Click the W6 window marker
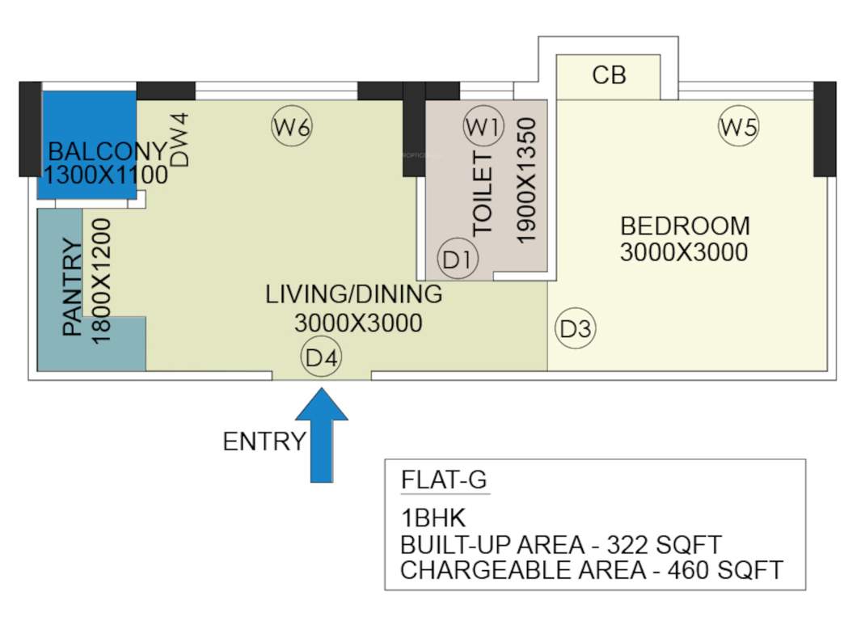pos(292,127)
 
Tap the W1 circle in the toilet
pos(483,127)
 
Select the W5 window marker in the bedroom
pos(740,127)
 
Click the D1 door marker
pos(458,260)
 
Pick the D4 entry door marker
pos(322,358)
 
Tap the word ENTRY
pos(264,441)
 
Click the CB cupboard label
pos(609,75)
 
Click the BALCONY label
pos(107,151)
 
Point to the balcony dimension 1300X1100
pos(106,174)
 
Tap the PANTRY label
pos(73,288)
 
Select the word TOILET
pos(483,193)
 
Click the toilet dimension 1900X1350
pos(526,181)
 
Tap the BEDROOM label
pos(685,226)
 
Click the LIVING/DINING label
pos(354,294)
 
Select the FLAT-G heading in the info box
pos(444,480)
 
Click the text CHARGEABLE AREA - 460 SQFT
pos(592,570)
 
